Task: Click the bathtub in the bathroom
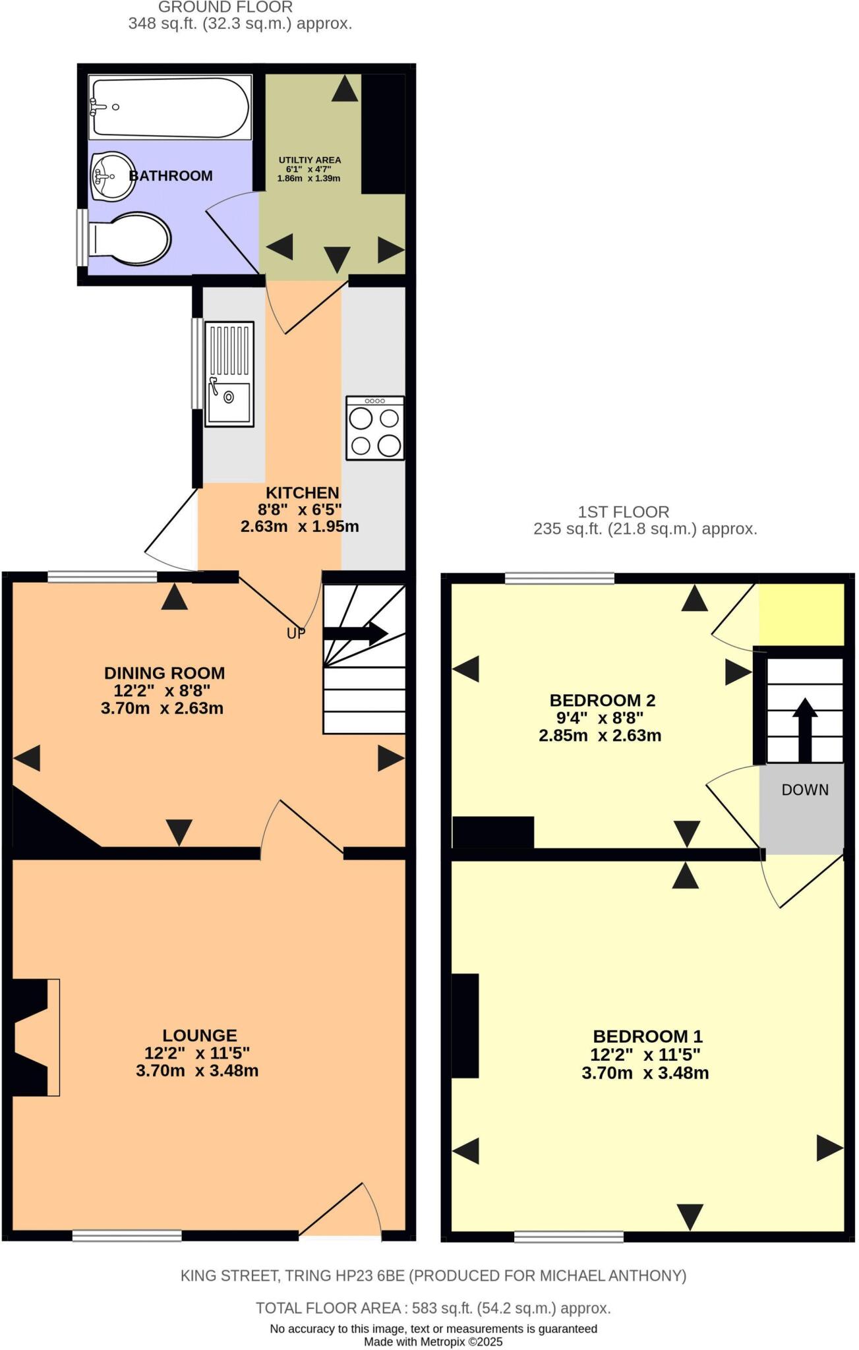tap(169, 107)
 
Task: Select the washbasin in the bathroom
tap(112, 175)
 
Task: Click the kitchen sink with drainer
tap(229, 374)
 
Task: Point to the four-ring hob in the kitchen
tap(374, 428)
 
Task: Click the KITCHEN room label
tap(302, 492)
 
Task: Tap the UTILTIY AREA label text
tap(309, 160)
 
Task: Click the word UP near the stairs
tap(296, 633)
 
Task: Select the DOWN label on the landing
tap(804, 790)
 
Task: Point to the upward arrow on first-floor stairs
tap(804, 728)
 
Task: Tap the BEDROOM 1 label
tap(647, 1036)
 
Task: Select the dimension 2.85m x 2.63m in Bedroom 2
tap(599, 736)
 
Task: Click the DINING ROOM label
tap(164, 673)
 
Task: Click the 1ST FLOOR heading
tap(623, 512)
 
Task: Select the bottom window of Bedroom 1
tap(568, 1237)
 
